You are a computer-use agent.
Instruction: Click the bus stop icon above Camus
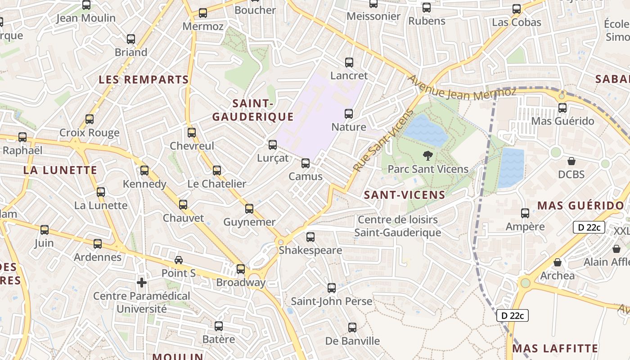pos(306,163)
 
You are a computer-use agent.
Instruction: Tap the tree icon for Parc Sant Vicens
pos(427,156)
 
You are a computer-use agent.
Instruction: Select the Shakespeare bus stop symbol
pos(310,237)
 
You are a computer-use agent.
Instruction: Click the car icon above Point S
pos(179,260)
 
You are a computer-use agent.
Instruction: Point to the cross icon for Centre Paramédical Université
pos(142,283)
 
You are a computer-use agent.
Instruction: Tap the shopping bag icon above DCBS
pos(571,161)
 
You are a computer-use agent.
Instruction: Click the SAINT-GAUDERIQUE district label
pos(253,110)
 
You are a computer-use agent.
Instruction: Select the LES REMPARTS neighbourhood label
pos(144,80)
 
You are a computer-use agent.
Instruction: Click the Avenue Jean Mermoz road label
pos(462,87)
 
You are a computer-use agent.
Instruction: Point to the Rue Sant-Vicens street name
pos(383,140)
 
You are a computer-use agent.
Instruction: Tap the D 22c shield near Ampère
pos(589,227)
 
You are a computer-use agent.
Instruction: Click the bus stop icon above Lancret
pos(349,63)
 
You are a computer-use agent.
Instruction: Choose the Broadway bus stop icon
pos(241,269)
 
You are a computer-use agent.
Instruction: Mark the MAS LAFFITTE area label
pos(555,348)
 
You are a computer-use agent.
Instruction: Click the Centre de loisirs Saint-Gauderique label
pos(397,226)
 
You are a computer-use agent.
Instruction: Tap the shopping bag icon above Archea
pos(558,262)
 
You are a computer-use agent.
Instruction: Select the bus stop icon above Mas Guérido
pos(562,108)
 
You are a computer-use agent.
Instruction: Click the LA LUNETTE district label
pos(60,170)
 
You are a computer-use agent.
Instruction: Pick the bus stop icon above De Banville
pos(352,328)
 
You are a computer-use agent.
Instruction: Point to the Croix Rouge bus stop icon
pos(90,119)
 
